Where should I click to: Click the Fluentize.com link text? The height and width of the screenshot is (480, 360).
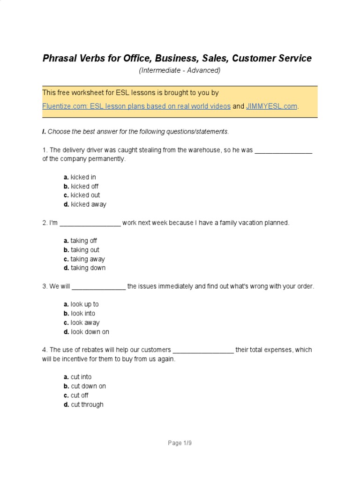[x=136, y=106]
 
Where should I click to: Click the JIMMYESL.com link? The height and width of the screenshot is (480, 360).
[x=272, y=106]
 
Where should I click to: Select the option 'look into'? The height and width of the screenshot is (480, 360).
[x=83, y=314]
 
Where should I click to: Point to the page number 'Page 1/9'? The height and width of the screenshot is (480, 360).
[x=180, y=443]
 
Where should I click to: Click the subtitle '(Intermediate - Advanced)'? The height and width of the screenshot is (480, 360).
[x=180, y=71]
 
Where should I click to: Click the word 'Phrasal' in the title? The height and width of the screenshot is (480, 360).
[x=59, y=59]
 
